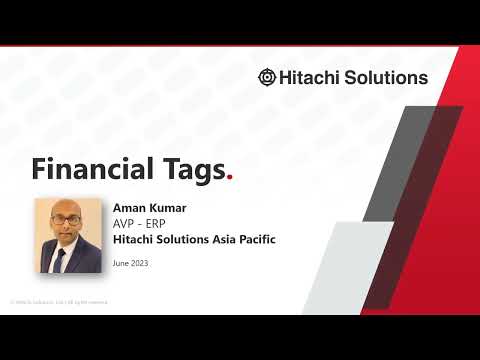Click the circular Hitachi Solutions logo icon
(267, 77)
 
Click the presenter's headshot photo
(71, 235)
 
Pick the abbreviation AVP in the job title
(125, 223)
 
